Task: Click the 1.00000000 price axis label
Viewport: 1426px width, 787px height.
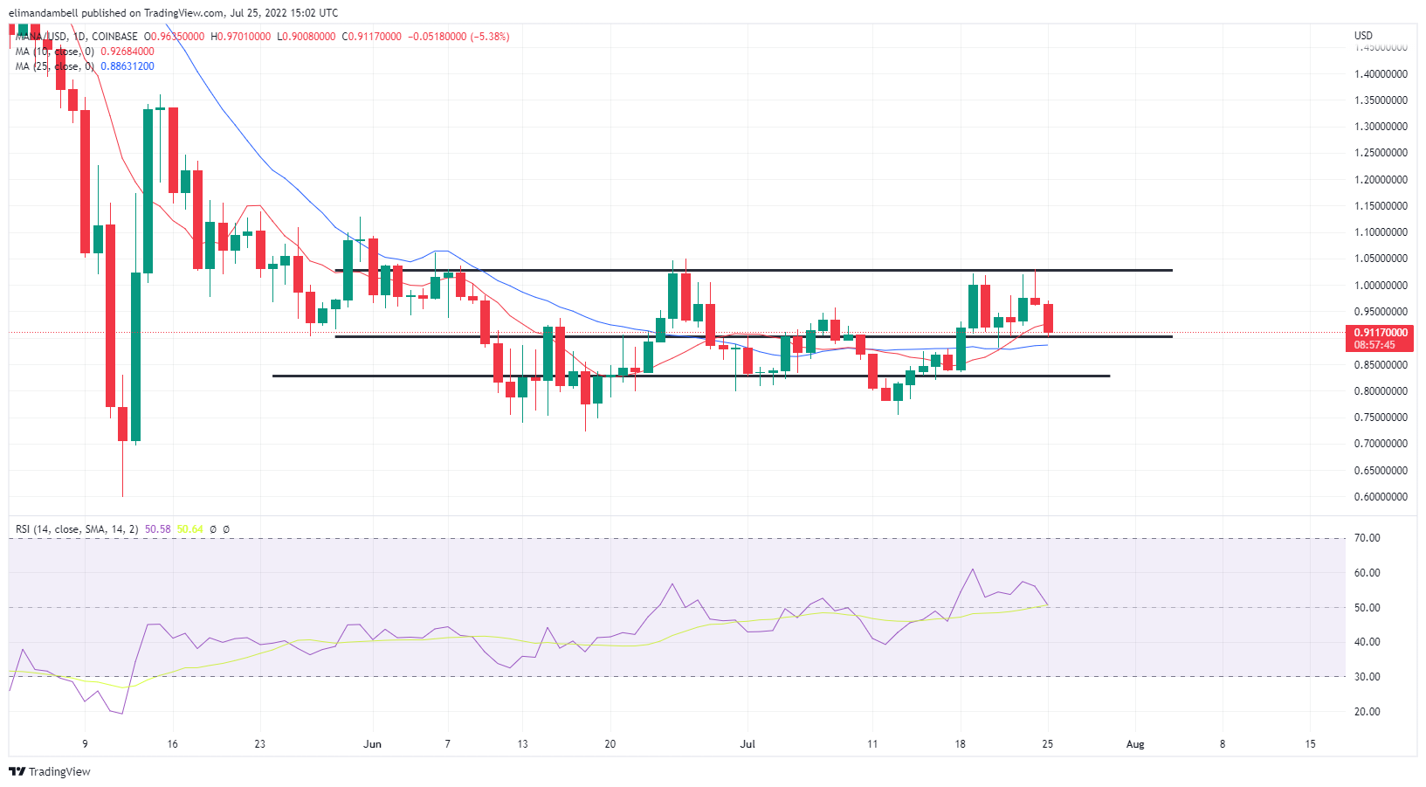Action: pos(1381,286)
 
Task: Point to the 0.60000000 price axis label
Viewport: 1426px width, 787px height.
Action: pos(1381,497)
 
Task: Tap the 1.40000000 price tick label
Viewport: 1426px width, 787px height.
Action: pos(1381,74)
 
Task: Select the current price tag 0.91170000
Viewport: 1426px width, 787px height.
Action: pos(1381,333)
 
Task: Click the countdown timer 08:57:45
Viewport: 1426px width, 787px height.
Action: pos(1374,345)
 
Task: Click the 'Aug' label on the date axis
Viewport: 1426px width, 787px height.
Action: pos(1135,744)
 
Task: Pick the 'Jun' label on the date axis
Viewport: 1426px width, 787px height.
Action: pos(373,744)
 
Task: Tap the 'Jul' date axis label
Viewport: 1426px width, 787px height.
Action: pos(747,744)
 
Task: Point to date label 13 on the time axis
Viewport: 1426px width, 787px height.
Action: pos(522,744)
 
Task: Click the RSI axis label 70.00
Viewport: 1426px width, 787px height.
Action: pos(1367,538)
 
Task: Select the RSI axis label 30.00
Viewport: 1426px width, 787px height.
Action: pos(1367,677)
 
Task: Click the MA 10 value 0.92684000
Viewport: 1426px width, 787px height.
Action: pos(127,52)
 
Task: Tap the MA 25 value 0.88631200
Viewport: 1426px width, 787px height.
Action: pos(127,66)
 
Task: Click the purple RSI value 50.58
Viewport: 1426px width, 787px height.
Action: pos(157,529)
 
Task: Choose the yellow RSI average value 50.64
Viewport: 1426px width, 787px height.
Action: pos(189,529)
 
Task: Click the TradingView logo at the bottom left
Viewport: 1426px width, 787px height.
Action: pos(50,771)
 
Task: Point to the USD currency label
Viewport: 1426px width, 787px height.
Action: pos(1363,36)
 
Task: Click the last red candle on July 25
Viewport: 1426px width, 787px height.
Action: pos(1048,318)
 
